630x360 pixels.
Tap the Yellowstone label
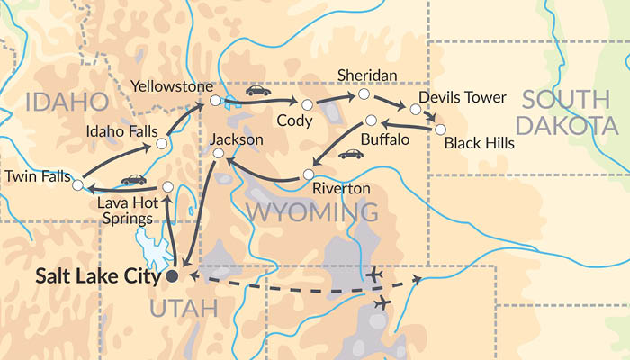click(x=167, y=86)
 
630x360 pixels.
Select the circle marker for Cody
click(x=307, y=105)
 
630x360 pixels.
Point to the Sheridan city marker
click(x=364, y=94)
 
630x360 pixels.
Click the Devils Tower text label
click(x=463, y=97)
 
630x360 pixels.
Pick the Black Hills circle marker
click(x=440, y=130)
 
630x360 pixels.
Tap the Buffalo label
click(x=384, y=141)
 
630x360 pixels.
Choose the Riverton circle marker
click(x=308, y=174)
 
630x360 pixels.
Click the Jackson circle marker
click(x=217, y=154)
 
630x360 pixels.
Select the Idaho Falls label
click(x=120, y=131)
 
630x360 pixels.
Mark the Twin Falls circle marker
click(x=77, y=185)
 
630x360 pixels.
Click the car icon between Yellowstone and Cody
click(x=258, y=91)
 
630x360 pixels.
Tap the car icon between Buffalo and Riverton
click(x=350, y=154)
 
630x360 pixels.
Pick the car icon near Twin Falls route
click(x=134, y=180)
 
